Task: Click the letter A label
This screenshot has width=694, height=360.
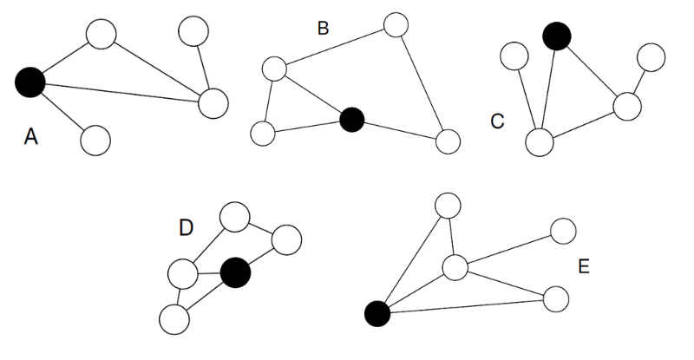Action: (x=30, y=136)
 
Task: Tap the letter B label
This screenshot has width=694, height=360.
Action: (x=323, y=29)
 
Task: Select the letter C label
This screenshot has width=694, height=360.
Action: (x=497, y=121)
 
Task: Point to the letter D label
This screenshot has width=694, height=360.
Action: (x=186, y=228)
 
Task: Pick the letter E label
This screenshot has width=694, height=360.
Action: (x=584, y=266)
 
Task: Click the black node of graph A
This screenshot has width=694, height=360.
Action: (x=30, y=82)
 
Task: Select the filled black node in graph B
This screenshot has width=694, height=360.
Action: (x=352, y=120)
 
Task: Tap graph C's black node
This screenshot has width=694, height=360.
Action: (x=557, y=36)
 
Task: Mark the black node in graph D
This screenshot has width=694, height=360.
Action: (x=235, y=272)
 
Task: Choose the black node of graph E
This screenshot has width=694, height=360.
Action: (x=377, y=313)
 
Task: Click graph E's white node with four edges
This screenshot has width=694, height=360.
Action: (x=455, y=267)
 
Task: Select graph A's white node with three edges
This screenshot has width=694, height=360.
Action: (x=213, y=103)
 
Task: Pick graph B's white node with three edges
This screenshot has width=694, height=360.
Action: (x=274, y=69)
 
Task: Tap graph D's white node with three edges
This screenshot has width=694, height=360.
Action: (x=182, y=274)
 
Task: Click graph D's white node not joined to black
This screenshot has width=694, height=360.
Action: (x=234, y=217)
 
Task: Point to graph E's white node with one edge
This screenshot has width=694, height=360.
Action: (x=563, y=231)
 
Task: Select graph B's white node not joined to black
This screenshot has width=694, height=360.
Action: (x=396, y=25)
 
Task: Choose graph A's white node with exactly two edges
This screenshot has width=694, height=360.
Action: (x=101, y=34)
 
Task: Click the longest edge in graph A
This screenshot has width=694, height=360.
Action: (x=121, y=93)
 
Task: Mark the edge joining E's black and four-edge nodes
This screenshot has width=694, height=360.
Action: (x=416, y=291)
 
